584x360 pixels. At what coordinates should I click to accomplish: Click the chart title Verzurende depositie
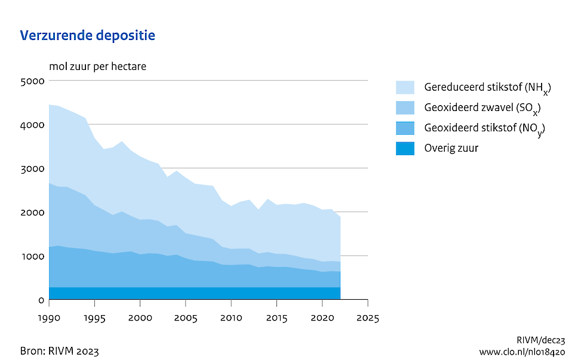coord(88,36)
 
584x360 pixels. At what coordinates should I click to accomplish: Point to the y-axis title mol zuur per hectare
coord(97,66)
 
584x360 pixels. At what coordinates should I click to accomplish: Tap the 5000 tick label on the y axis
coord(32,81)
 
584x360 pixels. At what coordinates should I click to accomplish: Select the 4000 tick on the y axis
coord(32,125)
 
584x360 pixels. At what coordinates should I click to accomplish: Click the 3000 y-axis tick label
coord(32,168)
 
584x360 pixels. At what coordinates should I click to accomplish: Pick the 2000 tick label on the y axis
coord(32,213)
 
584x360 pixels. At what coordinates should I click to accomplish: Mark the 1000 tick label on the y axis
coord(32,256)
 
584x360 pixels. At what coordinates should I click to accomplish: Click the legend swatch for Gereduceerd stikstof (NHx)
coord(405,87)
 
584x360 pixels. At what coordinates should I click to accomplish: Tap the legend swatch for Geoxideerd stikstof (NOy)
coord(405,128)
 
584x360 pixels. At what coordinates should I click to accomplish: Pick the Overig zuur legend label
coord(451,148)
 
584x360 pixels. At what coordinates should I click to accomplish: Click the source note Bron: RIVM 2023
coord(60,350)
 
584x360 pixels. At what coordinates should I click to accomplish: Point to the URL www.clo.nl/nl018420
coord(521,352)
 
